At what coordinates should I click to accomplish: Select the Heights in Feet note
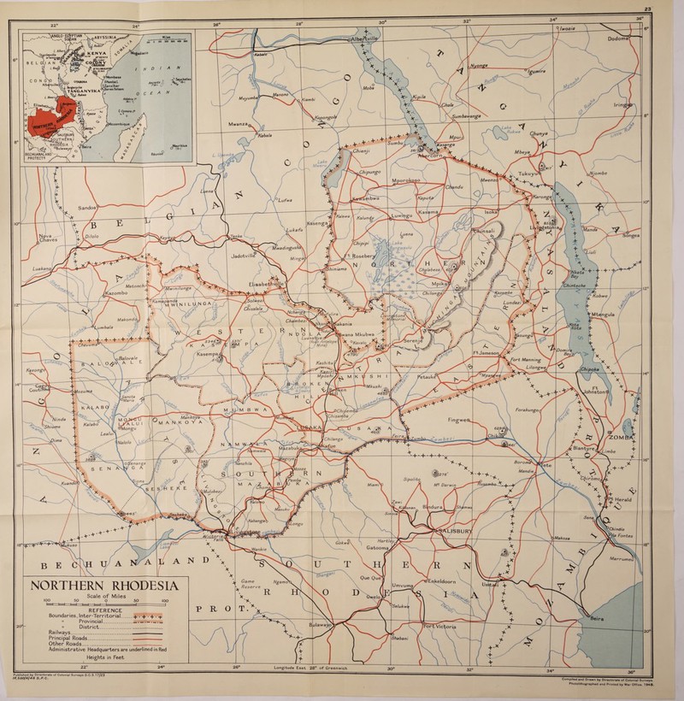112,663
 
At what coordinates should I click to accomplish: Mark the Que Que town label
371,576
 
